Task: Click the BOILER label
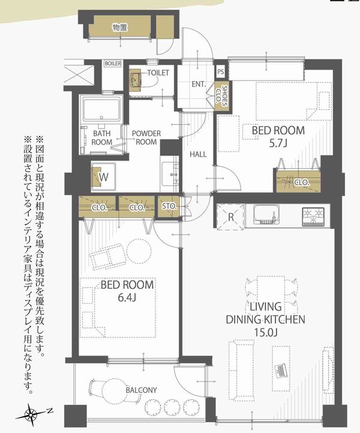[x=113, y=64]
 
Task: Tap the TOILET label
[x=158, y=73]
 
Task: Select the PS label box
[x=220, y=72]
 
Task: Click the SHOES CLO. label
[x=221, y=96]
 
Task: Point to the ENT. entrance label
[x=199, y=84]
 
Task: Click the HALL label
[x=198, y=154]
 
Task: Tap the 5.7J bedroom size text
[x=278, y=144]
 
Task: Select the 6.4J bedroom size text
[x=127, y=297]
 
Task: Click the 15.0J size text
[x=265, y=333]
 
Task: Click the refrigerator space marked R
[x=230, y=217]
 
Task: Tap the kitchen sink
[x=266, y=214]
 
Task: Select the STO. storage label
[x=169, y=206]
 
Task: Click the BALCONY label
[x=141, y=390]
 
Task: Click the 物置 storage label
[x=120, y=28]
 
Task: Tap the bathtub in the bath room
[x=101, y=109]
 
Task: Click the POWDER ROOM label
[x=146, y=138]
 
